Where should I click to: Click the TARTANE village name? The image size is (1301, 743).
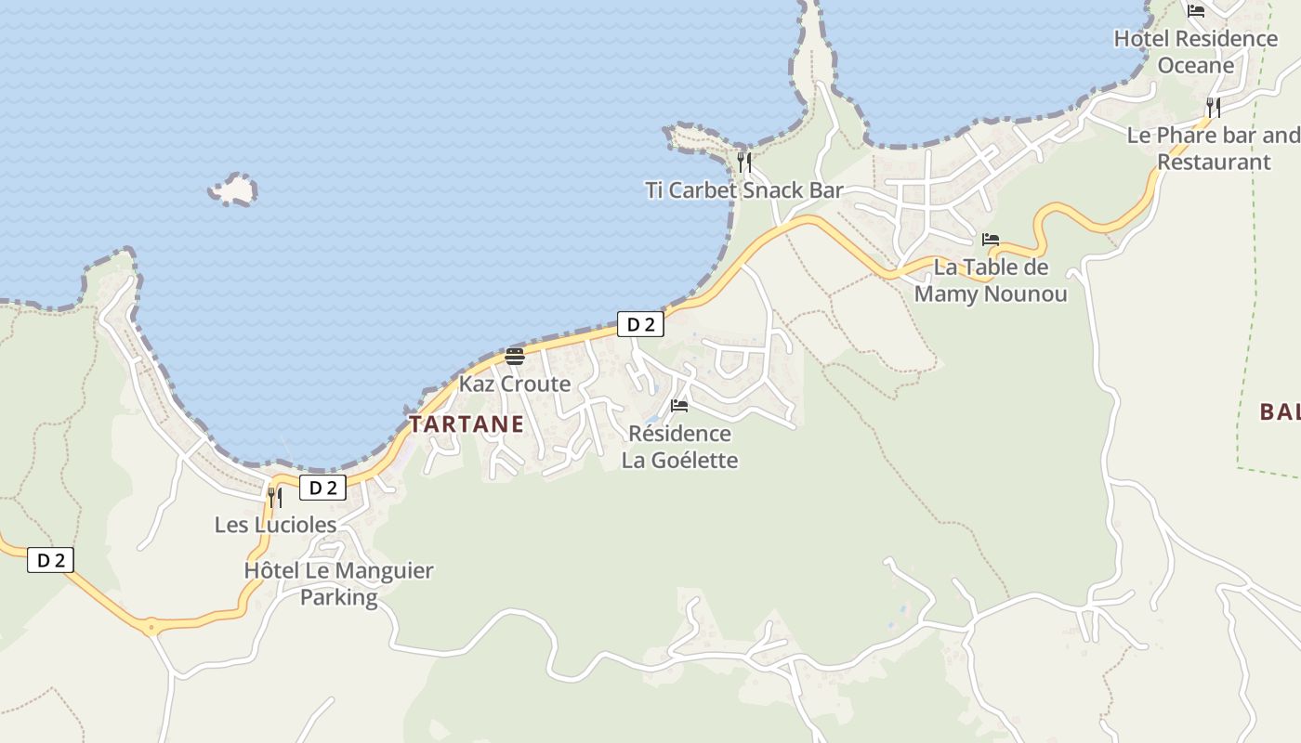tap(467, 424)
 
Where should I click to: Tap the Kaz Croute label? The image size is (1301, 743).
tap(515, 384)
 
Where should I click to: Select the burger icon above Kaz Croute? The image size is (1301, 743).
tap(515, 356)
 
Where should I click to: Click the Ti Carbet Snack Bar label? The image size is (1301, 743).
tap(744, 190)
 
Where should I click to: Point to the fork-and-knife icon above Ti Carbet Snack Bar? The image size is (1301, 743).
tap(744, 163)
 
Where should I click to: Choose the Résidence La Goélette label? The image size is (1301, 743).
tap(679, 447)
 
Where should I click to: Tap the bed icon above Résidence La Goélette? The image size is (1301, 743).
tap(679, 406)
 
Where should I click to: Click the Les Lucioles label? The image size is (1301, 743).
tap(275, 525)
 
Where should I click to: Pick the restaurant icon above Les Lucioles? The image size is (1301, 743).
tap(275, 497)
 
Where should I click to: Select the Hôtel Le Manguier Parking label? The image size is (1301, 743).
tap(338, 583)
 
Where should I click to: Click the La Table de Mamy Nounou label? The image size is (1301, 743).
tap(991, 280)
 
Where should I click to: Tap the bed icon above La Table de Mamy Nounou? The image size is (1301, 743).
tap(991, 240)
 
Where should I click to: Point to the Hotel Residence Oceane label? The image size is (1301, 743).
tap(1196, 52)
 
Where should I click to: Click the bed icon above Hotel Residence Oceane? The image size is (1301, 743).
tap(1196, 11)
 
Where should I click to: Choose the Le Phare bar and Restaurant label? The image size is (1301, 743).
tap(1214, 149)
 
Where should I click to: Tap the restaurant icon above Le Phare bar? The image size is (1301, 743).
tap(1214, 107)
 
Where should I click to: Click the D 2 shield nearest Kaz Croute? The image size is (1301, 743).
tap(641, 324)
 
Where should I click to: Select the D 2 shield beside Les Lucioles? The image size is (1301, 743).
tap(322, 488)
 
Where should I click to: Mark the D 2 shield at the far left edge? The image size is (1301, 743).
tap(50, 560)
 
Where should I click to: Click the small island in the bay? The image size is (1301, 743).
tap(233, 189)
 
